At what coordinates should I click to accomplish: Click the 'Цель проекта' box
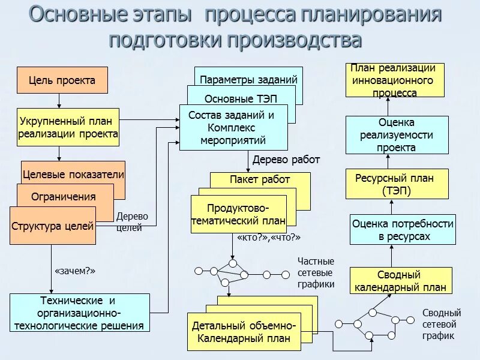(62, 80)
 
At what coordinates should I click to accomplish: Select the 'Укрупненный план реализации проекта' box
(68, 127)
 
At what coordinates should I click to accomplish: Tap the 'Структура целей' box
(53, 226)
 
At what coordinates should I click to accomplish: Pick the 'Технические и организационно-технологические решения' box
(79, 313)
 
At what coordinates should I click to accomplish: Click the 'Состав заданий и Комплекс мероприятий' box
(233, 128)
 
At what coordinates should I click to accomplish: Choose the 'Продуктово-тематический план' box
(238, 214)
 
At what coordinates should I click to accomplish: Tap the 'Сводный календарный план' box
(400, 281)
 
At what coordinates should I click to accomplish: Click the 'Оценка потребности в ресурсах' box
(403, 230)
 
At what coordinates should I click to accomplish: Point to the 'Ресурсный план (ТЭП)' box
(397, 184)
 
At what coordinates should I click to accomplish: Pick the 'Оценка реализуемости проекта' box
(397, 135)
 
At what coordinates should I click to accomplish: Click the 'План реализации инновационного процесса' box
(395, 80)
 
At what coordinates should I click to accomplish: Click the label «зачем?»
(75, 271)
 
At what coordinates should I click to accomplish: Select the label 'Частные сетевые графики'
(316, 273)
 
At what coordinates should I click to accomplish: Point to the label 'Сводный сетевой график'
(442, 324)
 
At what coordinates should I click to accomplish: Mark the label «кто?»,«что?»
(269, 238)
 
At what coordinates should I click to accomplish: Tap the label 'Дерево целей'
(132, 222)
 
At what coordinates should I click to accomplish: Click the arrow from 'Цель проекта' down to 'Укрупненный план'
(59, 101)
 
